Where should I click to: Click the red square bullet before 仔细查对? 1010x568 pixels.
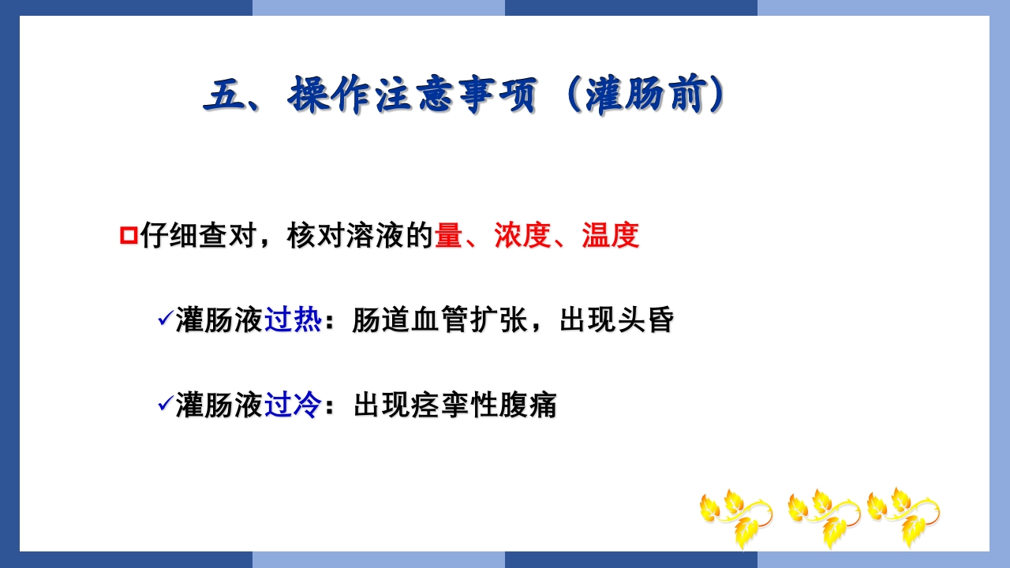click(128, 236)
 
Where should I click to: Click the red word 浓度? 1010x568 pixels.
click(522, 236)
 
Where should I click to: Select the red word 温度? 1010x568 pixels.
click(610, 236)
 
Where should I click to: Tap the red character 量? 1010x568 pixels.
click(448, 236)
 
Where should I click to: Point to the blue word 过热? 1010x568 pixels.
click(293, 320)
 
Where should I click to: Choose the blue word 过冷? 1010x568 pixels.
click(293, 405)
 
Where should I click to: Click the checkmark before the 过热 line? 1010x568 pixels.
click(165, 319)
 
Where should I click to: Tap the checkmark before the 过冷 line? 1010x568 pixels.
click(165, 403)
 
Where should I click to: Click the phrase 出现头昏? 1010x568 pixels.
click(616, 320)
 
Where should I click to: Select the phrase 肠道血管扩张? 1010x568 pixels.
click(439, 320)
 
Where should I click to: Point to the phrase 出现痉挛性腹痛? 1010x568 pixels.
click(455, 405)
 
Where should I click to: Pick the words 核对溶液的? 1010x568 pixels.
click(361, 236)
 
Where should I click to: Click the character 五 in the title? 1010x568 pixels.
click(222, 97)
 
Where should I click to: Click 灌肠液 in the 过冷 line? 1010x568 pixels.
click(219, 405)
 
